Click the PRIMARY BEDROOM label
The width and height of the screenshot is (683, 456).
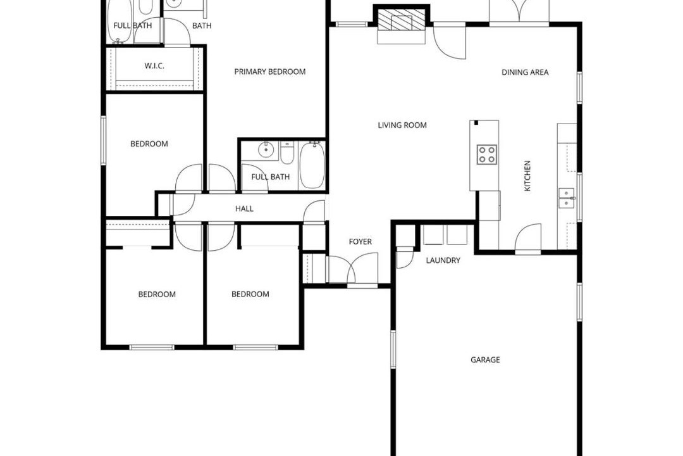pos(269,72)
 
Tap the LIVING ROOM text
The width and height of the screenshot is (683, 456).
pos(402,125)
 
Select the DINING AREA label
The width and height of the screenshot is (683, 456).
pos(525,72)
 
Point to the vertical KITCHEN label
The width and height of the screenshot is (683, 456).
pos(527,176)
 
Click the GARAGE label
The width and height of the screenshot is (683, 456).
pos(485,360)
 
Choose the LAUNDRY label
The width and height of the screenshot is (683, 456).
pos(443,260)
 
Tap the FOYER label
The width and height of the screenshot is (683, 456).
pos(360,242)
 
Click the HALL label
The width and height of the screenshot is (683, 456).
pos(244,209)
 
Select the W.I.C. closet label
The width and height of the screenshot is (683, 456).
pos(154,66)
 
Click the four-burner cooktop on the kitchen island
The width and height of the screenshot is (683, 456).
pos(487,155)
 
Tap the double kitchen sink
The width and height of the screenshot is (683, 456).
pos(567,198)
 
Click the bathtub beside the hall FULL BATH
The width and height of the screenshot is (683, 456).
pos(312,165)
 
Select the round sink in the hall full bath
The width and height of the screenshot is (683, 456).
pos(265,151)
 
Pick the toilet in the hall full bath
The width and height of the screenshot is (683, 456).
pos(286,153)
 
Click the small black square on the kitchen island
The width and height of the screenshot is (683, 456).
pos(476,123)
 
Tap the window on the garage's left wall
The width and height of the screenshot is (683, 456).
pos(393,349)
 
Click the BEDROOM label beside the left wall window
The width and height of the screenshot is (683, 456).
pos(149,144)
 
